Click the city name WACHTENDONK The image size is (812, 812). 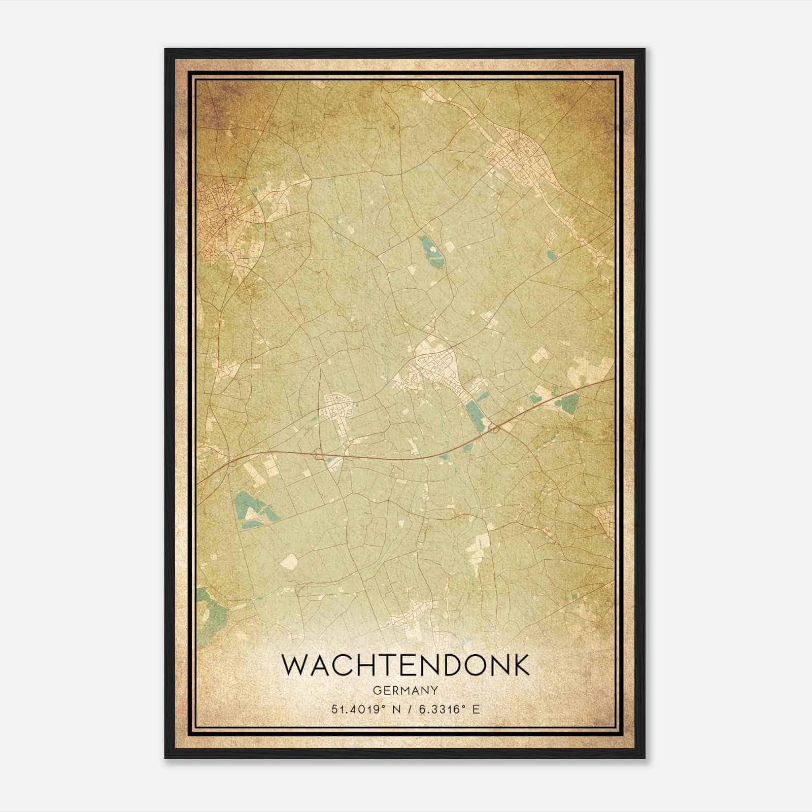pyautogui.click(x=405, y=665)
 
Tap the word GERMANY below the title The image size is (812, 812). pyautogui.click(x=405, y=690)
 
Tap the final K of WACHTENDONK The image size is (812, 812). pyautogui.click(x=520, y=665)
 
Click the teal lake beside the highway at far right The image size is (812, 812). pyautogui.click(x=568, y=402)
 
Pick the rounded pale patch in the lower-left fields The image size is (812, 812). pyautogui.click(x=288, y=561)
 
